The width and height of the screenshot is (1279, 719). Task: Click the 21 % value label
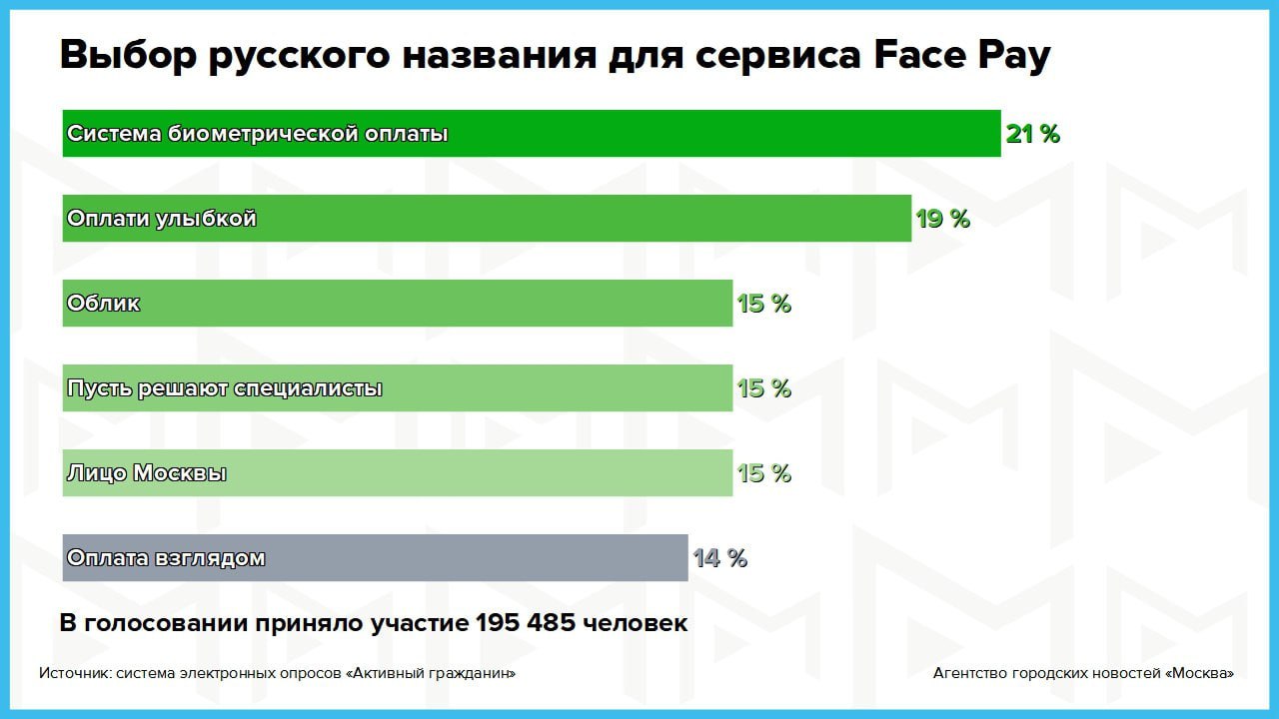coord(1032,134)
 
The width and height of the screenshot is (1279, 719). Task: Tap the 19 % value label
coord(942,219)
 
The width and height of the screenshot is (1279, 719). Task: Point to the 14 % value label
coord(719,558)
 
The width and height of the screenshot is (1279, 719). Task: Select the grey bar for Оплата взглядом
coord(375,558)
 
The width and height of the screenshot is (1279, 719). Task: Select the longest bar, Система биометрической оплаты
coord(531,134)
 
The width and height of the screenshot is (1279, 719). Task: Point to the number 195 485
coord(526,623)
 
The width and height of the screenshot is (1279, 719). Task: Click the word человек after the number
coord(636,623)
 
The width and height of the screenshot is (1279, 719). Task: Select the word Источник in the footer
coord(75,673)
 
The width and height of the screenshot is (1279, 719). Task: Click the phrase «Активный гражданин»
coord(431,673)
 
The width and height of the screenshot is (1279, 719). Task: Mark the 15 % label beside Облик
coord(763,304)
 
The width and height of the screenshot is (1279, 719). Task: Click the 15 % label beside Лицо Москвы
coord(763,473)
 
